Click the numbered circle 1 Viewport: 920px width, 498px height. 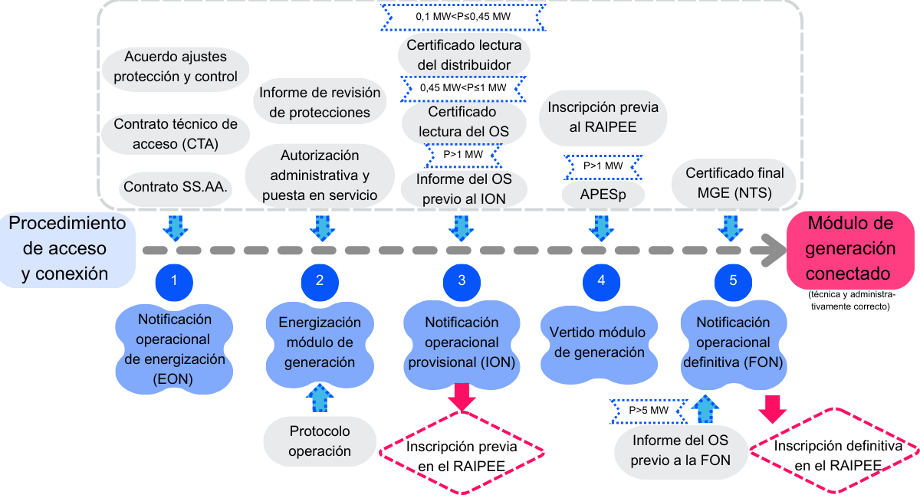pos(174,280)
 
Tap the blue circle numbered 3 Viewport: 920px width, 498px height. pos(462,280)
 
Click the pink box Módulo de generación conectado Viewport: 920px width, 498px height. pos(851,249)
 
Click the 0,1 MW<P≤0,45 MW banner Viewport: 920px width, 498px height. pos(462,16)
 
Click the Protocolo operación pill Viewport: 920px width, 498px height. pos(320,441)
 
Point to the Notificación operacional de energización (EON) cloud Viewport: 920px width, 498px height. pos(174,349)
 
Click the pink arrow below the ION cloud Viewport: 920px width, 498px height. pos(462,396)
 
